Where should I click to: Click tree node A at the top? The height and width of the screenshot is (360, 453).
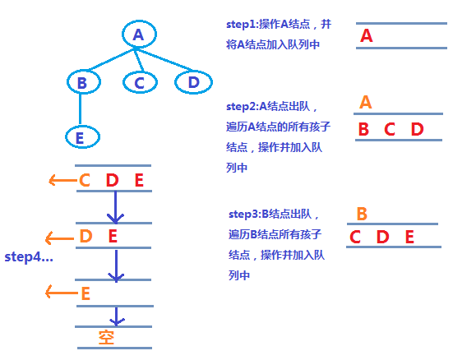[137, 35]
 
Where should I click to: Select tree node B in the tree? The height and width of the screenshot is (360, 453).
[81, 82]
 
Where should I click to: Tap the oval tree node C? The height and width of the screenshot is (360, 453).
[139, 82]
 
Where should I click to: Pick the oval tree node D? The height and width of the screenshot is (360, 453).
[193, 82]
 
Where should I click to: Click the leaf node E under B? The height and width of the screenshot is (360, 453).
[80, 137]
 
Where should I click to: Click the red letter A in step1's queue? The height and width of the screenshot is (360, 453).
[367, 36]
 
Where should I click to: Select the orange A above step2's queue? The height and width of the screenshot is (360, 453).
[366, 103]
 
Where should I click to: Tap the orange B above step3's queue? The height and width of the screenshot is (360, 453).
[362, 215]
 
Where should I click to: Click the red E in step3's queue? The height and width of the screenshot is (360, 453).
[409, 238]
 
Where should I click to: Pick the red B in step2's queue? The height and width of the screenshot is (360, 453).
[363, 129]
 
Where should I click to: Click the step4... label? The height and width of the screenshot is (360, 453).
[29, 256]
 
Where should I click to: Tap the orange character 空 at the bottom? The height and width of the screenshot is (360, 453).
[106, 337]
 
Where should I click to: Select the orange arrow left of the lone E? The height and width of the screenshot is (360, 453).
[60, 293]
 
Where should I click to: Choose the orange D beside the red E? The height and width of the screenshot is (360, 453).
[85, 238]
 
